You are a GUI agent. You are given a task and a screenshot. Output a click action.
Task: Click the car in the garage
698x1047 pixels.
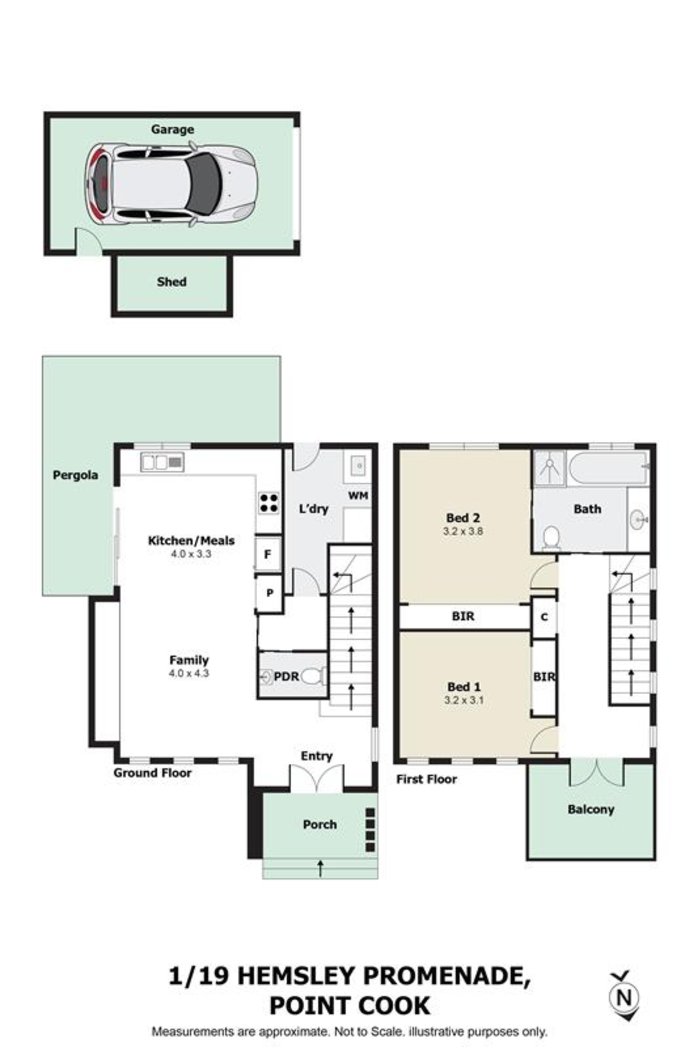[x=171, y=185]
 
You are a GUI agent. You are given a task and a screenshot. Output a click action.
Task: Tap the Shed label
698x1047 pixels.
[x=172, y=282]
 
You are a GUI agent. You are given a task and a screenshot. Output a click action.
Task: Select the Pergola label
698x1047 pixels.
[x=75, y=475]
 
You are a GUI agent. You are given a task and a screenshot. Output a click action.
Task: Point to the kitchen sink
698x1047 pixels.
[x=162, y=462]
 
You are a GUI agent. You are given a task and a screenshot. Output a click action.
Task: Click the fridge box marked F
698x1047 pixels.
[x=268, y=553]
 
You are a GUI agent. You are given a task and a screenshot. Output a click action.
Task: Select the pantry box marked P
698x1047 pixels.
[x=269, y=593]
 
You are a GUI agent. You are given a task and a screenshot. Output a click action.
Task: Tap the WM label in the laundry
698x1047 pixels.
[x=358, y=495]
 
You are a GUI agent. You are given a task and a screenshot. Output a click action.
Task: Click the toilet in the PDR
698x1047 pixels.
[x=314, y=676]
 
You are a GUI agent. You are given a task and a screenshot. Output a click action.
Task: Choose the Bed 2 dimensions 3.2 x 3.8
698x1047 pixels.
[x=463, y=531]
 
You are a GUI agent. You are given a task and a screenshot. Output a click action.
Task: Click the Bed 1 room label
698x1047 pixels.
[x=464, y=687]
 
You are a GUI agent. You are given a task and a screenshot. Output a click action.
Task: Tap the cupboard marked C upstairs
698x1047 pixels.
[x=544, y=617]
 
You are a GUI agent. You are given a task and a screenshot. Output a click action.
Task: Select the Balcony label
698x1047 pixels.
[x=591, y=809]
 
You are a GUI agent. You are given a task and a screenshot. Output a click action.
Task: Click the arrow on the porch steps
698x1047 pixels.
[x=320, y=868]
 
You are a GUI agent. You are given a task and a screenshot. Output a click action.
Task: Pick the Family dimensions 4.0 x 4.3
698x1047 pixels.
[x=189, y=673]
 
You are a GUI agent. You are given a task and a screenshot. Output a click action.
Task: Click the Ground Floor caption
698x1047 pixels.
[x=152, y=773]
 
